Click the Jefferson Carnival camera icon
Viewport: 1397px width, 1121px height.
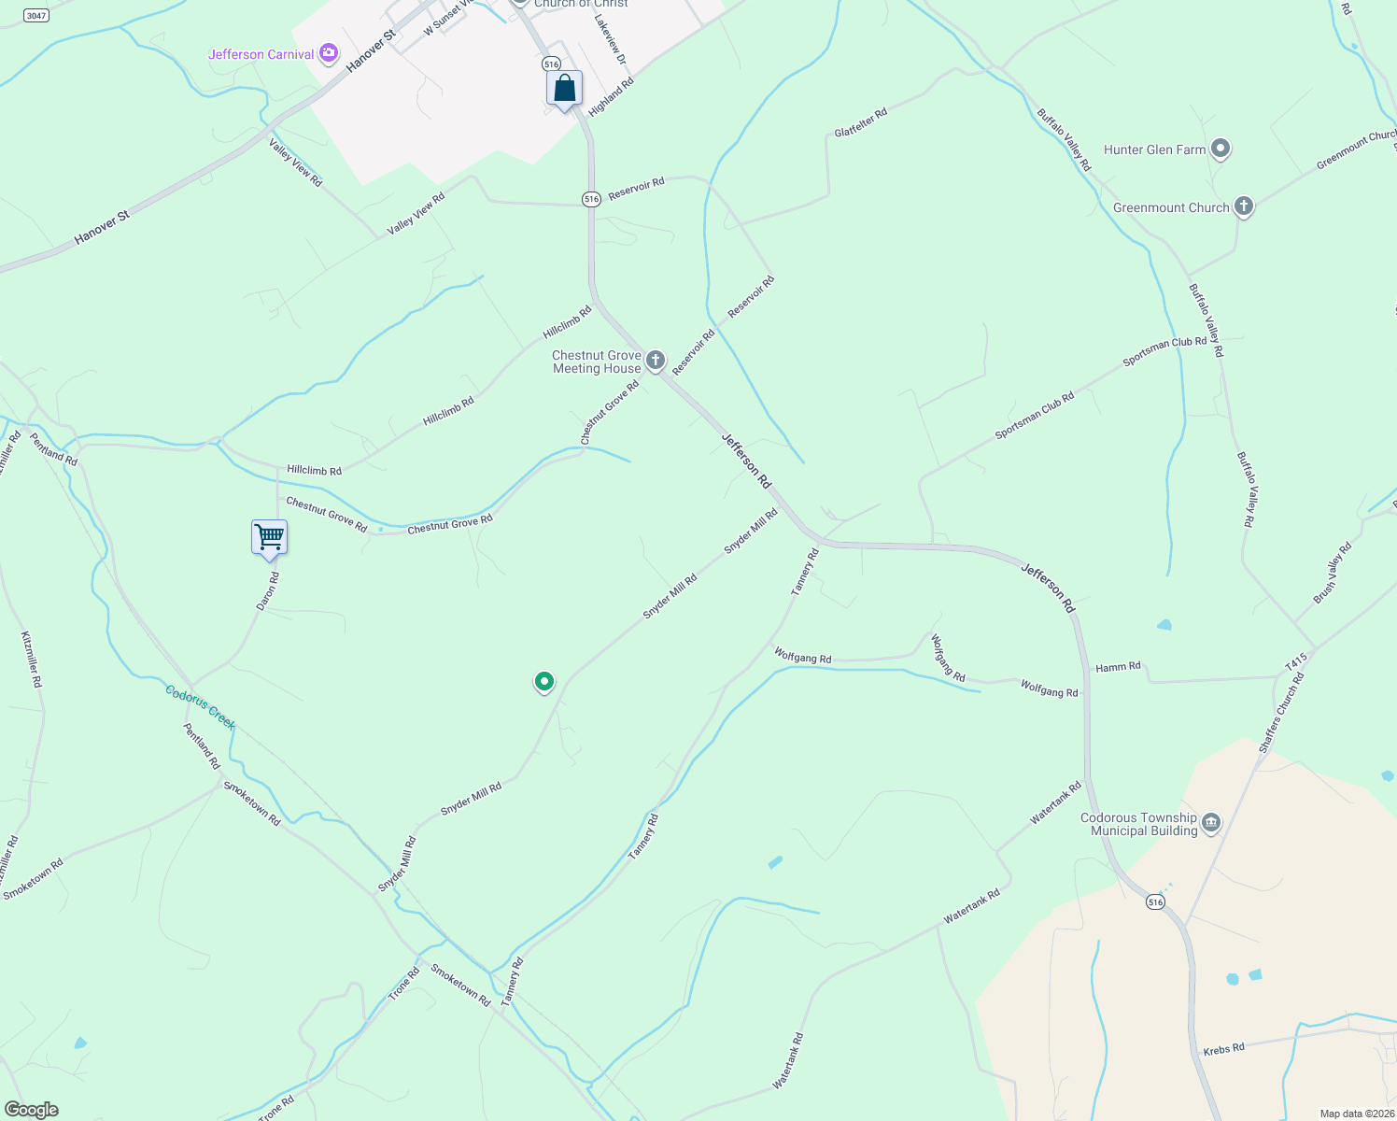(328, 53)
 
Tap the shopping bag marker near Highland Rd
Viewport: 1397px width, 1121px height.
(564, 90)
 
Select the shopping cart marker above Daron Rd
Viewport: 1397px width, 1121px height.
(269, 538)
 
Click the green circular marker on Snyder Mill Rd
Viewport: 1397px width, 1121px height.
(543, 682)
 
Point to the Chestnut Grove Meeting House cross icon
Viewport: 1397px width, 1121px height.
(656, 361)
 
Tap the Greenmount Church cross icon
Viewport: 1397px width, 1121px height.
(1242, 206)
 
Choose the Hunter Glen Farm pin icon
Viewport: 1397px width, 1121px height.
(1220, 149)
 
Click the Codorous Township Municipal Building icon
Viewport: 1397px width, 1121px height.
(1210, 823)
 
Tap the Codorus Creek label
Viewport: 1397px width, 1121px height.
(201, 706)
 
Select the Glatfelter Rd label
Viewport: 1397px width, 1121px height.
(860, 122)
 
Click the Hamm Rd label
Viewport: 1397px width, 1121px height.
(1118, 667)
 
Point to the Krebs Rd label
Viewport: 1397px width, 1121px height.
(1223, 1049)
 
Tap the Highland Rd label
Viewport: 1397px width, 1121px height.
(612, 95)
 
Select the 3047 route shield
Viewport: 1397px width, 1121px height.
(35, 16)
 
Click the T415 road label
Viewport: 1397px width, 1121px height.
(1296, 661)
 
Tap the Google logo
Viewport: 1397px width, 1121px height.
(32, 1110)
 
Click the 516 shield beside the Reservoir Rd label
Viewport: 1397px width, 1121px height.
(590, 199)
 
